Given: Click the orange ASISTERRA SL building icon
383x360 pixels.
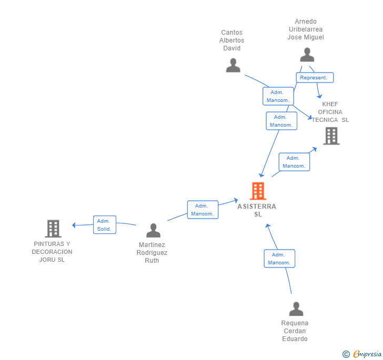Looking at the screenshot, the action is pyautogui.click(x=258, y=191).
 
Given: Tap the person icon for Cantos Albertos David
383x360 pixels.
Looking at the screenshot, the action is pyautogui.click(x=233, y=65).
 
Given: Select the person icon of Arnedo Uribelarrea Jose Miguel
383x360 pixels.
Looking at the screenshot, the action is pyautogui.click(x=307, y=55).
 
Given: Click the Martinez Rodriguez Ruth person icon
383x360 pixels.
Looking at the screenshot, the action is pyautogui.click(x=153, y=230).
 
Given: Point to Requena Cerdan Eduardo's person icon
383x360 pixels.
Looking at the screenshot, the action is pyautogui.click(x=296, y=308).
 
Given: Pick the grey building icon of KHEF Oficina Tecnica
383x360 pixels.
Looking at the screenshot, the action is pyautogui.click(x=331, y=136).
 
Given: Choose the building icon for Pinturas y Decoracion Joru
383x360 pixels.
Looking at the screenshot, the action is pyautogui.click(x=53, y=229).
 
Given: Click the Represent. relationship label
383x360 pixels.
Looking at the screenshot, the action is pyautogui.click(x=315, y=78).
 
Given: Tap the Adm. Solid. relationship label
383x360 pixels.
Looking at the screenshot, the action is pyautogui.click(x=105, y=225).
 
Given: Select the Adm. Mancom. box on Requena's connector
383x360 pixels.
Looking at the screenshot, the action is pyautogui.click(x=279, y=259).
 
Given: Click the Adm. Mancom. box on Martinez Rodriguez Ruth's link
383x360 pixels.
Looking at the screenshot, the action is pyautogui.click(x=203, y=210).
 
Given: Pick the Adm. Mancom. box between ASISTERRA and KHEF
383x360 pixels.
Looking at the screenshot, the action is pyautogui.click(x=294, y=162).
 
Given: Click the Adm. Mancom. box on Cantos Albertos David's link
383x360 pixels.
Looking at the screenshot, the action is pyautogui.click(x=278, y=96).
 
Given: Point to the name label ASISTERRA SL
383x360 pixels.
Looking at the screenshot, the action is pyautogui.click(x=257, y=210).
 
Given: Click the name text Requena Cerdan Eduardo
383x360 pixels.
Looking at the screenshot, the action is pyautogui.click(x=295, y=331).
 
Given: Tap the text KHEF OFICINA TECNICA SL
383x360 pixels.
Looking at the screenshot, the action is pyautogui.click(x=330, y=112).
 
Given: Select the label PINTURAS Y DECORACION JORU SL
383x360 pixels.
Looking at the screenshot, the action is pyautogui.click(x=52, y=252).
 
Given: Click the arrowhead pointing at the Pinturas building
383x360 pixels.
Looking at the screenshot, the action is pyautogui.click(x=74, y=225).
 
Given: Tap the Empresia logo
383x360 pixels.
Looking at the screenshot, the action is pyautogui.click(x=362, y=354).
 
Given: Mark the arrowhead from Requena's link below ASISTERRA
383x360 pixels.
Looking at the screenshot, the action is pyautogui.click(x=268, y=226).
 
